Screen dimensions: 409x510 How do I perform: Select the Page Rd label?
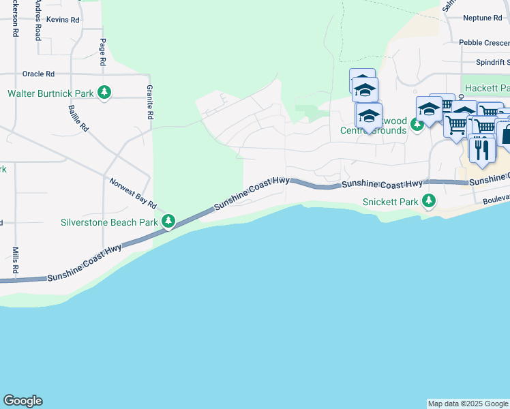pos(103,52)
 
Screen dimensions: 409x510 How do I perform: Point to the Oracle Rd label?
pos(38,74)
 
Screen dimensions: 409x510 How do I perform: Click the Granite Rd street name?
pos(149,102)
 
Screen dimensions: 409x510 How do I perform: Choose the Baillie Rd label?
pos(79,117)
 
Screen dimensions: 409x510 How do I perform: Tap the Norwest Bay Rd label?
pos(133,194)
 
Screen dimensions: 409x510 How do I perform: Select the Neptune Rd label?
pos(481,18)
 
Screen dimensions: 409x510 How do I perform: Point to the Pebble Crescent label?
pos(484,42)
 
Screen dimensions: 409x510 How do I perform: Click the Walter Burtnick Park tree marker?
pos(104,92)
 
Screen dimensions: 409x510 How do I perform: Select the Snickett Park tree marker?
pos(429,201)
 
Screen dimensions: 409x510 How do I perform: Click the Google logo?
pos(22,401)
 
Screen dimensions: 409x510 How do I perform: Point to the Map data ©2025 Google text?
pos(468,404)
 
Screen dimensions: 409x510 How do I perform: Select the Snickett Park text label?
pos(389,202)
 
